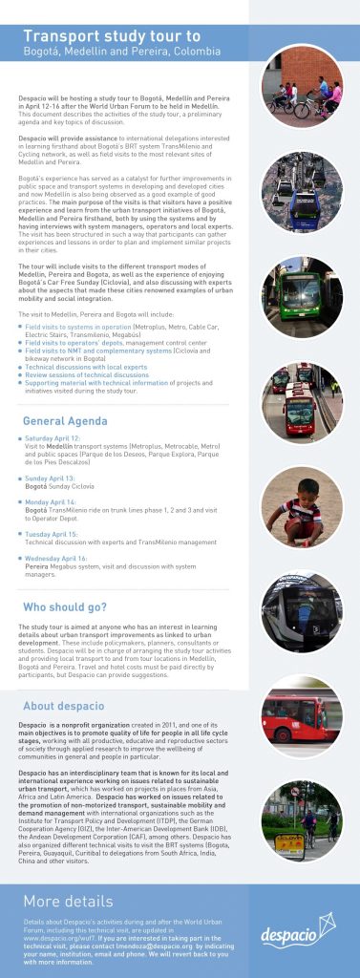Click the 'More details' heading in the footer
pos(68,900)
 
